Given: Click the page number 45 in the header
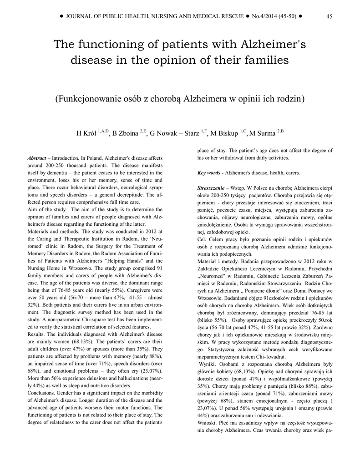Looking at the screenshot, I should [x=330, y=16].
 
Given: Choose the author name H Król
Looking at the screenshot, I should [x=86, y=133].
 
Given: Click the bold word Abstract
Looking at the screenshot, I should [x=37, y=158].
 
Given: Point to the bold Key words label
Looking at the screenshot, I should [x=210, y=173].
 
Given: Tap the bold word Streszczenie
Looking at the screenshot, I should [x=211, y=188].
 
